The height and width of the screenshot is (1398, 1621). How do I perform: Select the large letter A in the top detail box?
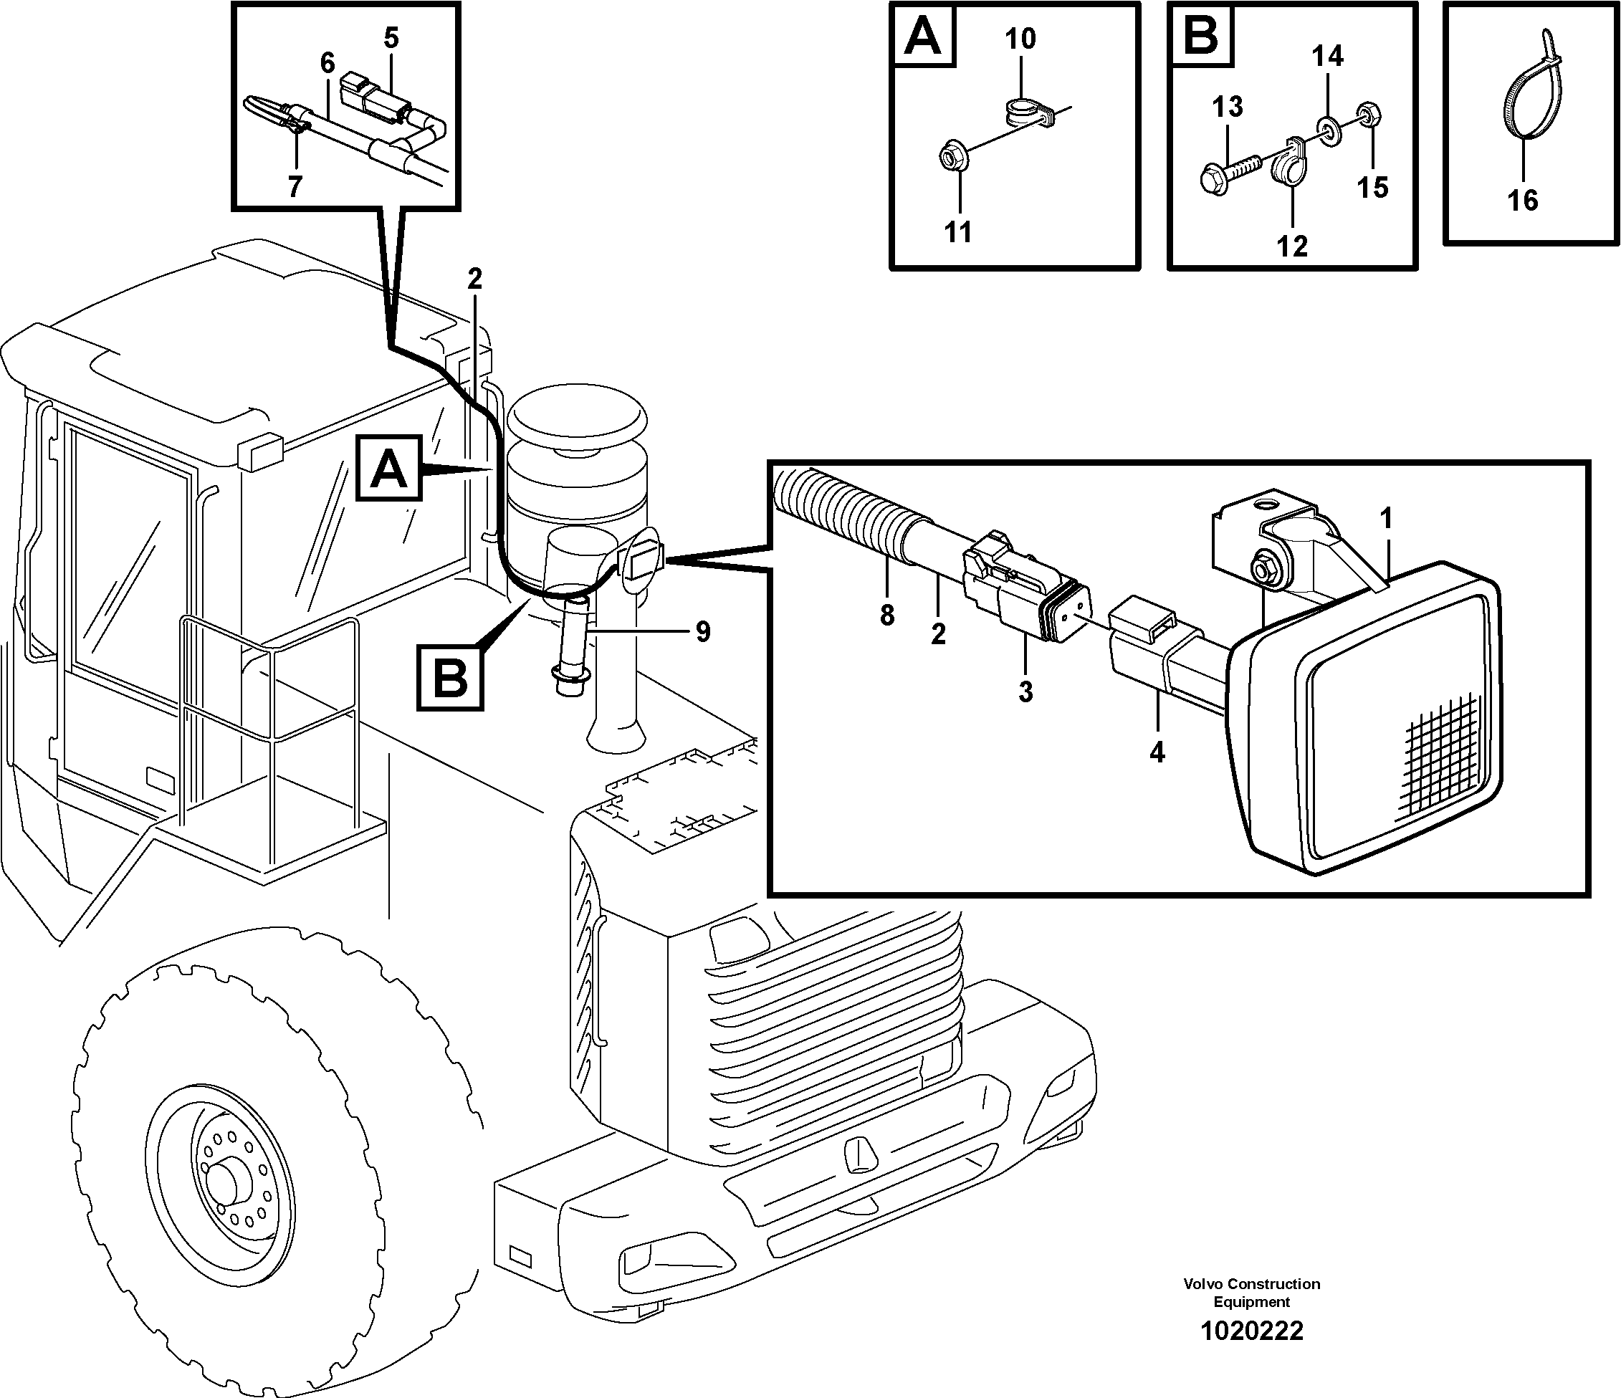coord(923,35)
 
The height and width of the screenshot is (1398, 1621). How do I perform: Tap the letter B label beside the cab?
coord(450,677)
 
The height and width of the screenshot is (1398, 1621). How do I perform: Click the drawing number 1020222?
coord(1252,1330)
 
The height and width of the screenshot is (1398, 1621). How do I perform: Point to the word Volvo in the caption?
coord(1202,1284)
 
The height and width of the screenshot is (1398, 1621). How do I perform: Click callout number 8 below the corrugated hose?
coord(886,616)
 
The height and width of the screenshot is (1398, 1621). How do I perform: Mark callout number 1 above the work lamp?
coord(1385,518)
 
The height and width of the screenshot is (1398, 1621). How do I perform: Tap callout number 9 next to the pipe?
coord(702,631)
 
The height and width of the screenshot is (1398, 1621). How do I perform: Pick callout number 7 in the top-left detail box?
coord(294,187)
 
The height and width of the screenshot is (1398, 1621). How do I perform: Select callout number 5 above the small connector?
coord(391,37)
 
